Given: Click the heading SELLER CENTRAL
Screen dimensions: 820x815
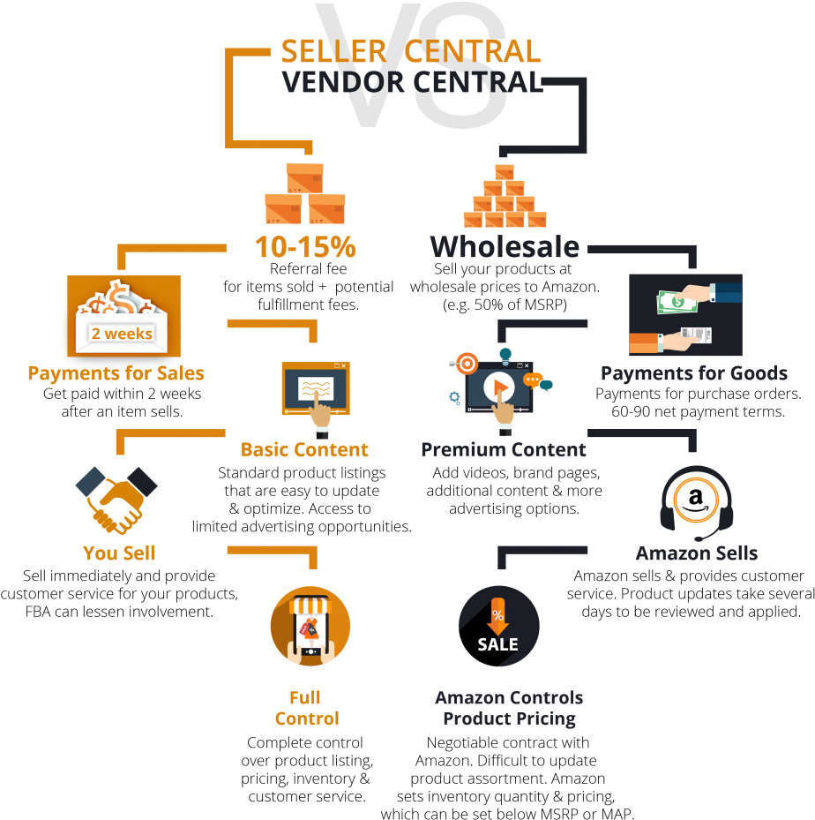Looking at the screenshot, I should tap(410, 51).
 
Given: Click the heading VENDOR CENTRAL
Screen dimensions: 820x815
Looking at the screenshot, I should tap(410, 82).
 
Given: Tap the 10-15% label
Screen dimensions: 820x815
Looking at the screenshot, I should tap(304, 247).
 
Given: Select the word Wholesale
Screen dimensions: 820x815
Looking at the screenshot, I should tap(505, 247).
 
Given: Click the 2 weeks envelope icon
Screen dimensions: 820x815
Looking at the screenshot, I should tap(123, 315).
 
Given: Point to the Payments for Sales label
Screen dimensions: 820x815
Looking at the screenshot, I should tap(116, 373).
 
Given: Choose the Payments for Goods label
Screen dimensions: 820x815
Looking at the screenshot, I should tap(694, 373).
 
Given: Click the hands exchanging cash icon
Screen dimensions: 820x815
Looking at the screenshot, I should tap(685, 315).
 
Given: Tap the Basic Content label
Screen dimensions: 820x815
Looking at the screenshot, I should tap(304, 450).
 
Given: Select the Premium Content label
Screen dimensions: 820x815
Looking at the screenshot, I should tap(504, 450).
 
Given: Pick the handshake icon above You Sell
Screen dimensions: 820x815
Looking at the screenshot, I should tap(116, 500).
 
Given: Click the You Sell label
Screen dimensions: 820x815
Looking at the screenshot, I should tap(119, 553).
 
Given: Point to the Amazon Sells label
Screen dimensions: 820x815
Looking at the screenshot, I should tap(696, 553).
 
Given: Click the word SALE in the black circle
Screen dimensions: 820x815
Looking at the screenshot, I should tap(498, 644).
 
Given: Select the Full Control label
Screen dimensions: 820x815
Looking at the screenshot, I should tap(306, 708).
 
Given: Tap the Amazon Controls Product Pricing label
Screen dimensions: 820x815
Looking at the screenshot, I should tap(509, 708).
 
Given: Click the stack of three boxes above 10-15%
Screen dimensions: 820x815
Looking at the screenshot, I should tap(305, 193).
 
